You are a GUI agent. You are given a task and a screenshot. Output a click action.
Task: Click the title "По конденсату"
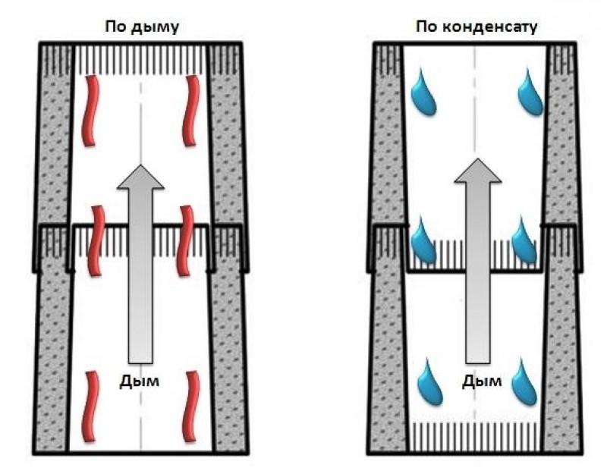coord(476,27)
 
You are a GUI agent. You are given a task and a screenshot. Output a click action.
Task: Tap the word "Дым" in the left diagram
coord(140,381)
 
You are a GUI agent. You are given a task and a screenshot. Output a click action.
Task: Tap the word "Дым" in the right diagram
coord(482,381)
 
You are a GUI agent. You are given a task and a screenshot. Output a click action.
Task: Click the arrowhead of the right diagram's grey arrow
coord(478,174)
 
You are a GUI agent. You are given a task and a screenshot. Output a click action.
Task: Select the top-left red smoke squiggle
coord(92,110)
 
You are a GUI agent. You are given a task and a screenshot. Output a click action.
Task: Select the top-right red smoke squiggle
coord(190,110)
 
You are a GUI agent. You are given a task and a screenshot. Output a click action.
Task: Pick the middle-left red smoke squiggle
coord(96,239)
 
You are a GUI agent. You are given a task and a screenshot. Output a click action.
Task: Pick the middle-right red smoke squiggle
coord(184,239)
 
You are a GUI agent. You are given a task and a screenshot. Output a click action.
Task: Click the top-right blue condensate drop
coord(530,93)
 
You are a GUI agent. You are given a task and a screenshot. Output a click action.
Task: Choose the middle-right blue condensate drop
coord(524,239)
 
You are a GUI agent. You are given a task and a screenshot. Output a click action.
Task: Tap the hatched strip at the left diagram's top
coord(141,55)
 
